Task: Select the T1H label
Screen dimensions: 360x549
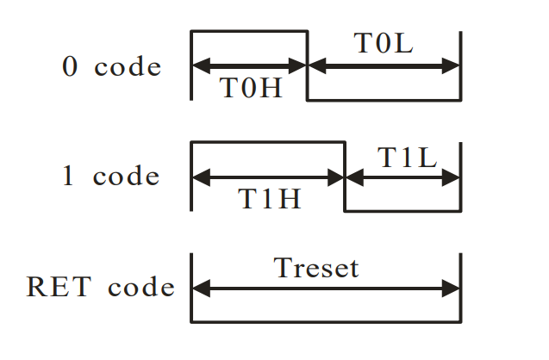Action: click(269, 199)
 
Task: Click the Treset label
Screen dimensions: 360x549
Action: click(315, 268)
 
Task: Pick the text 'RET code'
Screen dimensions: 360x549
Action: click(101, 287)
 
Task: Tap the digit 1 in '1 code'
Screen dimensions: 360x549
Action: click(68, 177)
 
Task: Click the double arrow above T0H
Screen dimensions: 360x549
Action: click(249, 65)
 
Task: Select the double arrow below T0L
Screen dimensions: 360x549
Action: click(384, 65)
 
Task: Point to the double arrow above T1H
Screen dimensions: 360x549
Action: click(268, 178)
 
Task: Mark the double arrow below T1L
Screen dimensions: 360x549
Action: click(402, 178)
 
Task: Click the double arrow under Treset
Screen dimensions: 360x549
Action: click(326, 290)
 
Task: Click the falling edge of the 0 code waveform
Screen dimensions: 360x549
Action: click(308, 82)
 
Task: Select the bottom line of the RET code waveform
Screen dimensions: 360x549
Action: click(326, 322)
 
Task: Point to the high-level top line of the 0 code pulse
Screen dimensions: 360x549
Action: click(249, 32)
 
